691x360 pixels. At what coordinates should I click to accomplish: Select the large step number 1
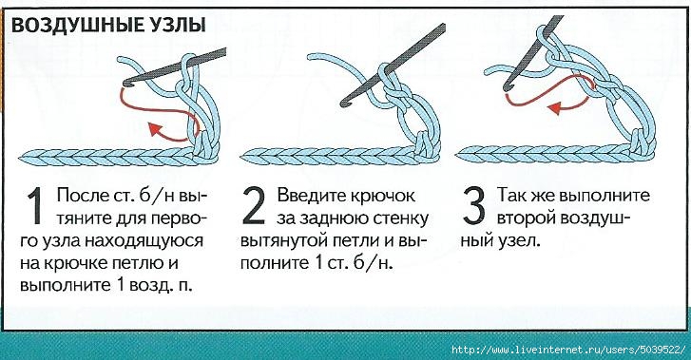pos(35,206)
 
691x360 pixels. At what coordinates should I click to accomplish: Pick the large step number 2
pos(254,205)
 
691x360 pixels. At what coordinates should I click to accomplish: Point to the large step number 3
pos(474,205)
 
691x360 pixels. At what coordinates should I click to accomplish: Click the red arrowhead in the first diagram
pos(155,129)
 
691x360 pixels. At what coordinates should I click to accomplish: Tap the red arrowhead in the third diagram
pos(555,107)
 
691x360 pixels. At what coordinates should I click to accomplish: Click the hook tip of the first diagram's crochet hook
pos(127,82)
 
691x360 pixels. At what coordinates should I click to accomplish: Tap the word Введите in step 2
pos(311,196)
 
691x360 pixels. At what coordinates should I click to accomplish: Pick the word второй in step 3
pos(525,219)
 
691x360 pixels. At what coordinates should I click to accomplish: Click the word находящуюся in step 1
pos(144,241)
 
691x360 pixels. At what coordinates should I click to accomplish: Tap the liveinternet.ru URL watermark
pos(569,350)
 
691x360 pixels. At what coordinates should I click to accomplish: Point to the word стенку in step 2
pos(403,219)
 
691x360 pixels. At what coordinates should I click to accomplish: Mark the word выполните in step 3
pos(605,196)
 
